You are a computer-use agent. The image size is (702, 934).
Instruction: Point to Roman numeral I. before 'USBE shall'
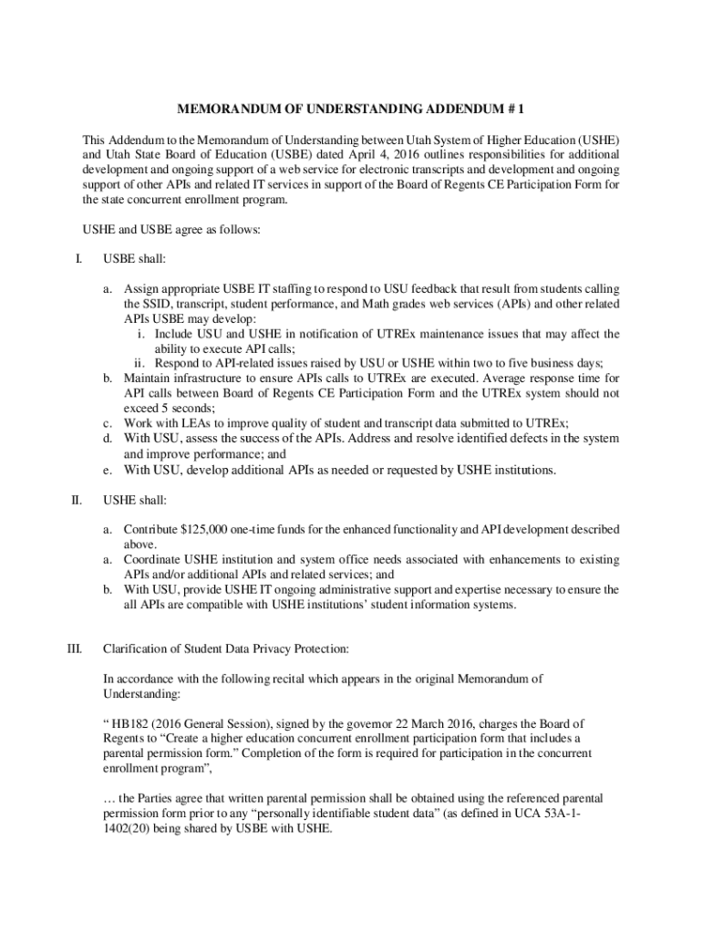pyautogui.click(x=78, y=260)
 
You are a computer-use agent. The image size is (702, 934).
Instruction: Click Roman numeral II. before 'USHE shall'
pyautogui.click(x=77, y=500)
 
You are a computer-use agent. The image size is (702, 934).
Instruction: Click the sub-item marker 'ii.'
pyautogui.click(x=140, y=363)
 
